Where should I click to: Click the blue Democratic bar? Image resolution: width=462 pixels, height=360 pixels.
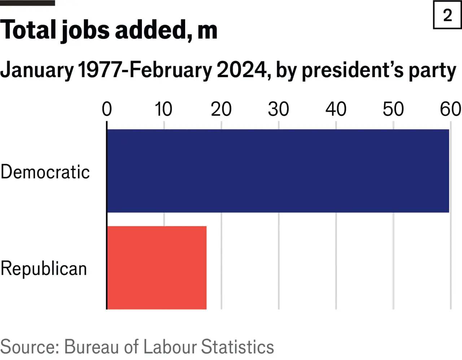click(278, 171)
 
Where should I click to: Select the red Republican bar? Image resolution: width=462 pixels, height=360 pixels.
click(157, 268)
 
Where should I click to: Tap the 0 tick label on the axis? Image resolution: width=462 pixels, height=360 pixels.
click(107, 109)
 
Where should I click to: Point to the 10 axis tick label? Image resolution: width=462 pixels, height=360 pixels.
click(164, 109)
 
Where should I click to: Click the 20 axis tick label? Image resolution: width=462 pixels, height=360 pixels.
click(221, 109)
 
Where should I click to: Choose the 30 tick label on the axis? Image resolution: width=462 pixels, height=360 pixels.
click(278, 109)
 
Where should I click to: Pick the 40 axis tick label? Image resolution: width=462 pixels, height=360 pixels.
click(336, 109)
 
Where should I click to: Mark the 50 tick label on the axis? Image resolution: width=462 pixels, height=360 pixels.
click(393, 109)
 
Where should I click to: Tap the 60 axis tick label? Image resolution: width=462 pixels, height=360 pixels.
click(450, 109)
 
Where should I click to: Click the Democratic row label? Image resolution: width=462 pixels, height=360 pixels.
click(45, 172)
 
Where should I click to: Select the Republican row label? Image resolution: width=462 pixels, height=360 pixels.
click(44, 269)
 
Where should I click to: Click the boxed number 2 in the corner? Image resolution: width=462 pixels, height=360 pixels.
click(448, 16)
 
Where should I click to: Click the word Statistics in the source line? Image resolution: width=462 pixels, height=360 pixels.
click(237, 347)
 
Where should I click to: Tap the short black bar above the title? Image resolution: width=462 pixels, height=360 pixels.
click(27, 3)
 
